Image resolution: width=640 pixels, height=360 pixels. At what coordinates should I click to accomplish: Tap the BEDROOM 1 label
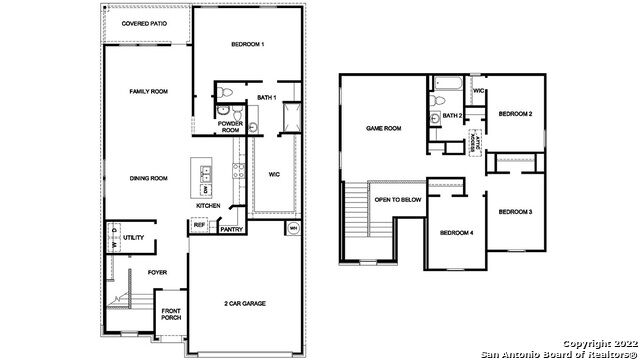click(x=248, y=45)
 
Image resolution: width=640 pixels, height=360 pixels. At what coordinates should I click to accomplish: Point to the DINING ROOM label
click(x=147, y=178)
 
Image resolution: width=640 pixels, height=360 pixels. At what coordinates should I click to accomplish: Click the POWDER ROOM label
click(x=231, y=127)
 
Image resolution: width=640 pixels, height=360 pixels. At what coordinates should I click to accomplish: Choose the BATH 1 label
click(x=266, y=97)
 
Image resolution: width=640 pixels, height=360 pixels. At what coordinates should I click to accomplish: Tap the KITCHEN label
click(x=208, y=206)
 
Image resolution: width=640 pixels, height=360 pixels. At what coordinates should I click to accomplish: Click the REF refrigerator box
click(x=198, y=226)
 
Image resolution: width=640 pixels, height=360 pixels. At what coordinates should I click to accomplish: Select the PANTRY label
click(x=231, y=229)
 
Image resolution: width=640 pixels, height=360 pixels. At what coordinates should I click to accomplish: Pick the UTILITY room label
click(x=134, y=239)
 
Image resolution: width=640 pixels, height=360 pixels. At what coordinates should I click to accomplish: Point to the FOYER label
click(x=158, y=271)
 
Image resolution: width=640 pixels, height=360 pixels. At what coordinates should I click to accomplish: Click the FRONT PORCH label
click(x=172, y=315)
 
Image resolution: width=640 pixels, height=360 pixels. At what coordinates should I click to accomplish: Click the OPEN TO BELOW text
click(x=397, y=200)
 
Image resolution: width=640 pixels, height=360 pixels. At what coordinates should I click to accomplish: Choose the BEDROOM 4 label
click(x=456, y=233)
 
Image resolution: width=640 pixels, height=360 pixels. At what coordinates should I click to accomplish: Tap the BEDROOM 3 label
click(x=515, y=211)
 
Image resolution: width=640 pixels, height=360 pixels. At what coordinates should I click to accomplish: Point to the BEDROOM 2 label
click(x=515, y=113)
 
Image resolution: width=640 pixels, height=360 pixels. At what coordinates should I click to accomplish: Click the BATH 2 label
click(x=453, y=116)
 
